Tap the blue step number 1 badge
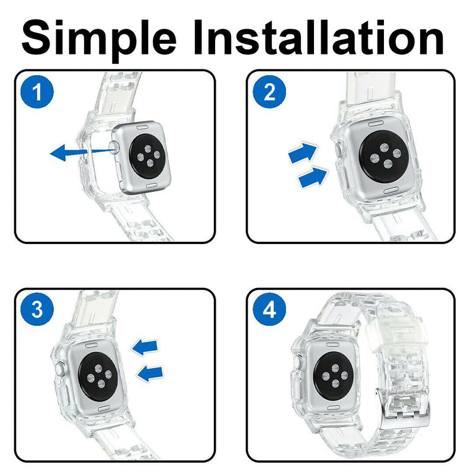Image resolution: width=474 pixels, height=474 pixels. [x=37, y=92]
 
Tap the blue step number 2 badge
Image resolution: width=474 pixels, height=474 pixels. [x=269, y=92]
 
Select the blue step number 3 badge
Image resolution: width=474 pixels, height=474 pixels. [x=37, y=310]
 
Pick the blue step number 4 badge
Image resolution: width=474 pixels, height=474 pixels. [x=269, y=310]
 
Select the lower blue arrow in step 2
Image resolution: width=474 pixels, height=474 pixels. [x=313, y=176]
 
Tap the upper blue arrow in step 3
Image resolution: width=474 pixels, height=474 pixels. [x=145, y=346]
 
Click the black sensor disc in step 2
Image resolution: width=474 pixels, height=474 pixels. [x=382, y=156]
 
